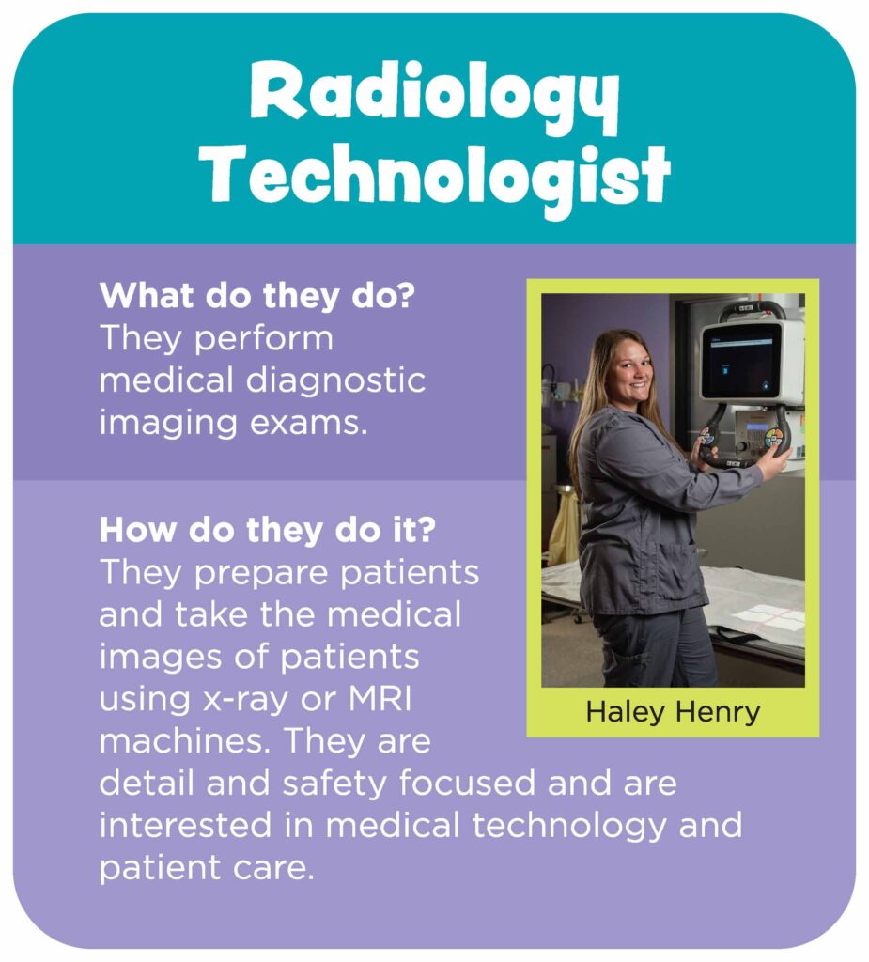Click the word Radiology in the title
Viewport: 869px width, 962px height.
point(434,97)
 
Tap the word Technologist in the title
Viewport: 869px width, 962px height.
point(437,178)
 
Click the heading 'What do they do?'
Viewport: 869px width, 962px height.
point(257,296)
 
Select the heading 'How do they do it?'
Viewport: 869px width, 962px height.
point(268,530)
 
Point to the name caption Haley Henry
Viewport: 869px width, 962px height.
point(674,712)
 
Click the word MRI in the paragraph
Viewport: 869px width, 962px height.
point(380,699)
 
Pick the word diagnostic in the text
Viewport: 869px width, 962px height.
point(335,381)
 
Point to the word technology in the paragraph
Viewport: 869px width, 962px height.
point(569,827)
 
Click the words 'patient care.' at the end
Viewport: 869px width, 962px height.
point(207,867)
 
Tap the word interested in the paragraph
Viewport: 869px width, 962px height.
point(185,825)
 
